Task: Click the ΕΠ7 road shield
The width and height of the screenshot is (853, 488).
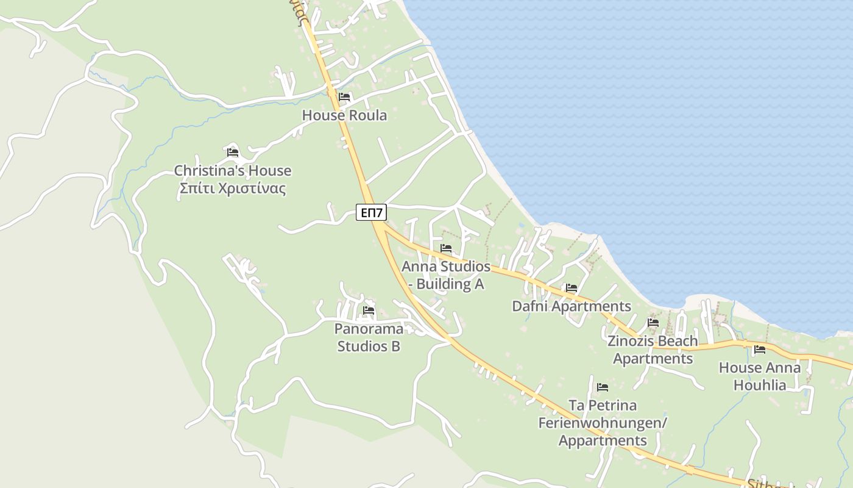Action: coord(372,212)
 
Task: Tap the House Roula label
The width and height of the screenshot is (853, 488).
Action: coord(344,115)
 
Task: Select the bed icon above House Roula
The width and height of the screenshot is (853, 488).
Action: coord(344,97)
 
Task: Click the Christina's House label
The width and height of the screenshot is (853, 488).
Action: coord(233,171)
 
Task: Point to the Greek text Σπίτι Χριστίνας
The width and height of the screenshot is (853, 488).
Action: coord(233,188)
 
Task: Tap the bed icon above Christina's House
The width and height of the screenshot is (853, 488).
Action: coord(232,152)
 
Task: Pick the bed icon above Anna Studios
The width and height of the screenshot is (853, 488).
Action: coord(446,248)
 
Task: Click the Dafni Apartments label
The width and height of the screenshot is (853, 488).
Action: coord(572,306)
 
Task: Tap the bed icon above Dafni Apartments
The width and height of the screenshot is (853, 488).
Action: coord(571,288)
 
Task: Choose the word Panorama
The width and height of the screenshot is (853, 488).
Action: coord(369,329)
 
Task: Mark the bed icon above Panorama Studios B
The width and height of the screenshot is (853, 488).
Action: coord(369,310)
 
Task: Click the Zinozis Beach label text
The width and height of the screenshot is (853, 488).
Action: coord(653,341)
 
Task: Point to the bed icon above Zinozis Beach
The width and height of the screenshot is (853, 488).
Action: coord(653,322)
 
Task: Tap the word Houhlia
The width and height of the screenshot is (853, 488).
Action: coord(760,386)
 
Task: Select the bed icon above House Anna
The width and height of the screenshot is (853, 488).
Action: coord(759,350)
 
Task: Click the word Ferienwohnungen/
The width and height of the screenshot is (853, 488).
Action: coord(603,423)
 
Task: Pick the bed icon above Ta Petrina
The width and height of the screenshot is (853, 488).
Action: coord(603,387)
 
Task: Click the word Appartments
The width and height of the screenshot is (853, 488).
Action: coord(603,440)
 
